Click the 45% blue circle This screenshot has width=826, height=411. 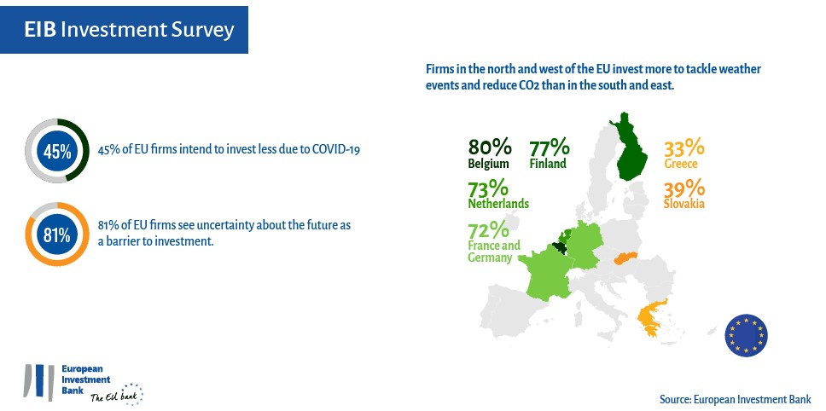tap(57, 151)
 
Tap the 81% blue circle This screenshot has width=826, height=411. tap(57, 234)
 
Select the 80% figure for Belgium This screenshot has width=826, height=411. tap(490, 148)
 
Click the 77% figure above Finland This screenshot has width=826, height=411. tap(549, 148)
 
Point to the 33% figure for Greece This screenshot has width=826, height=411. tap(683, 148)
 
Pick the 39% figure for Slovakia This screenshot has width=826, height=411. tap(683, 188)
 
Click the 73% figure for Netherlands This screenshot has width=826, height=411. tap(488, 188)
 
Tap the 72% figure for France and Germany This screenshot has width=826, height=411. tap(488, 230)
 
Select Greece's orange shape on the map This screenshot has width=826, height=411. tap(651, 317)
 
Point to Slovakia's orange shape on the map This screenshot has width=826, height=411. tap(625, 258)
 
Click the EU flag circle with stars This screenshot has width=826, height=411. tap(747, 335)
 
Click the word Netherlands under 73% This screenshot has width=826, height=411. tap(498, 204)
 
